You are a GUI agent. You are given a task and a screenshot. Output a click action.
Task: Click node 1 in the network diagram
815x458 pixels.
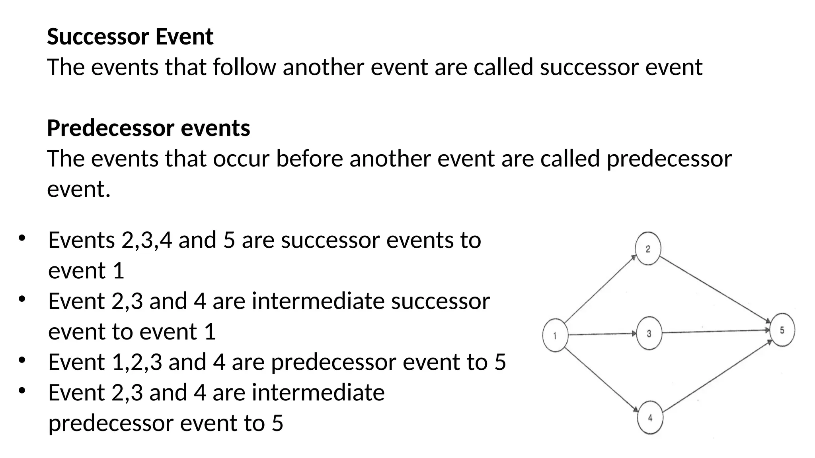coord(555,336)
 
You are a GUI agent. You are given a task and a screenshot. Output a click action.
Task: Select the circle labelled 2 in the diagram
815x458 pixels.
coord(648,249)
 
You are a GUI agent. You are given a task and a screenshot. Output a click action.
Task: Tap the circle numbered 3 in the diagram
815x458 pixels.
coord(649,333)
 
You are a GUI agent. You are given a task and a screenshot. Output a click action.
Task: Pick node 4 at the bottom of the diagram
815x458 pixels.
coord(650,417)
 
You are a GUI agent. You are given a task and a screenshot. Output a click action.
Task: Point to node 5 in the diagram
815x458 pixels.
coord(782,330)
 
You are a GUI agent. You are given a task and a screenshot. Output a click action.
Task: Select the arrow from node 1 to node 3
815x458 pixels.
coord(602,334)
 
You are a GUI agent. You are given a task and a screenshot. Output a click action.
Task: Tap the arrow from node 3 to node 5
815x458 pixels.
coord(716,331)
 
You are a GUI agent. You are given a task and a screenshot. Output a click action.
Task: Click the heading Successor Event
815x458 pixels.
coord(130,37)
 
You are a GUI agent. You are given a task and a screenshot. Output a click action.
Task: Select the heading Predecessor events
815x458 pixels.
coord(148,128)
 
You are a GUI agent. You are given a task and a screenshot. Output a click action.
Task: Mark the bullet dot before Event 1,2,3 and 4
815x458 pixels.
coord(22,360)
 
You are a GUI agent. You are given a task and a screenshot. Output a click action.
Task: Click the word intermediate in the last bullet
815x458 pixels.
coord(318,392)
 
